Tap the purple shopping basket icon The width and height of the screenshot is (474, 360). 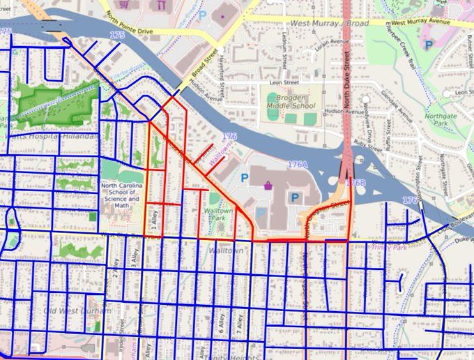268,186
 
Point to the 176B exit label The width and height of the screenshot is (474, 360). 355,183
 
